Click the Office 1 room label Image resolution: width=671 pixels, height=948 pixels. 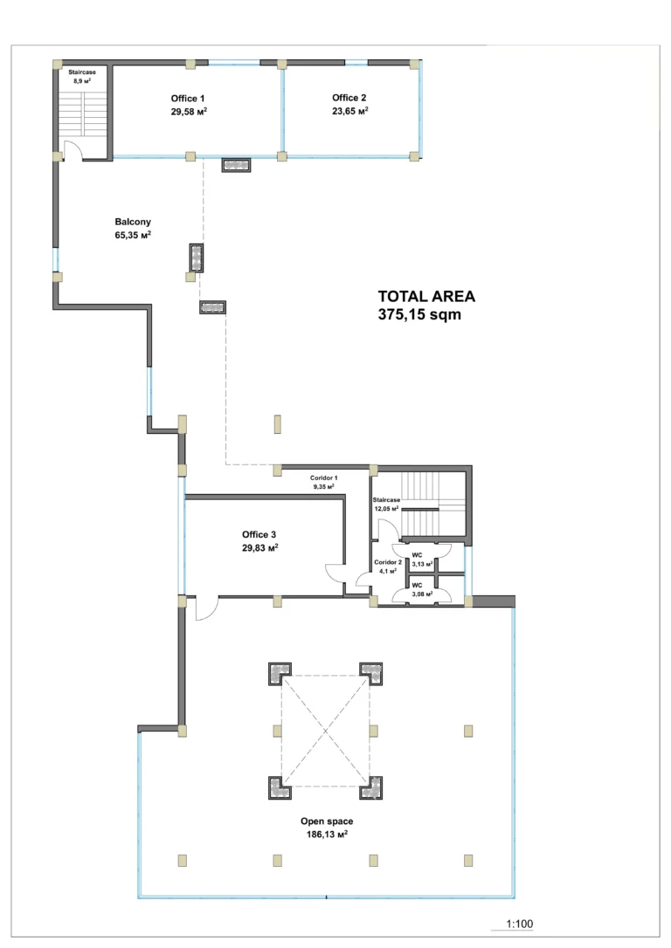coord(188,99)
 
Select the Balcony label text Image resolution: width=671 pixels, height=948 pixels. coord(133,222)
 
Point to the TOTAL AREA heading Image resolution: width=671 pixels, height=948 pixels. coord(426,296)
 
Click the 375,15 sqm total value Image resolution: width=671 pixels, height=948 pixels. coord(419,314)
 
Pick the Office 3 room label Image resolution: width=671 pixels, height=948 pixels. coord(259,534)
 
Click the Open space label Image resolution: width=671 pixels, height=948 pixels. coord(327,821)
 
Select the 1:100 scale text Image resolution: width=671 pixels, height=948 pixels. coord(520,924)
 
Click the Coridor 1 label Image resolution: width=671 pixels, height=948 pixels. coord(323,477)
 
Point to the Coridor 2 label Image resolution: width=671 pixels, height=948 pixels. coord(388,562)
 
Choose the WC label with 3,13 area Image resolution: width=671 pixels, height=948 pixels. coord(417,555)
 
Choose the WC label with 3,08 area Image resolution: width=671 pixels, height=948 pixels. coord(417,585)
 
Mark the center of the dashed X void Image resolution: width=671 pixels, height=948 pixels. coord(325,731)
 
